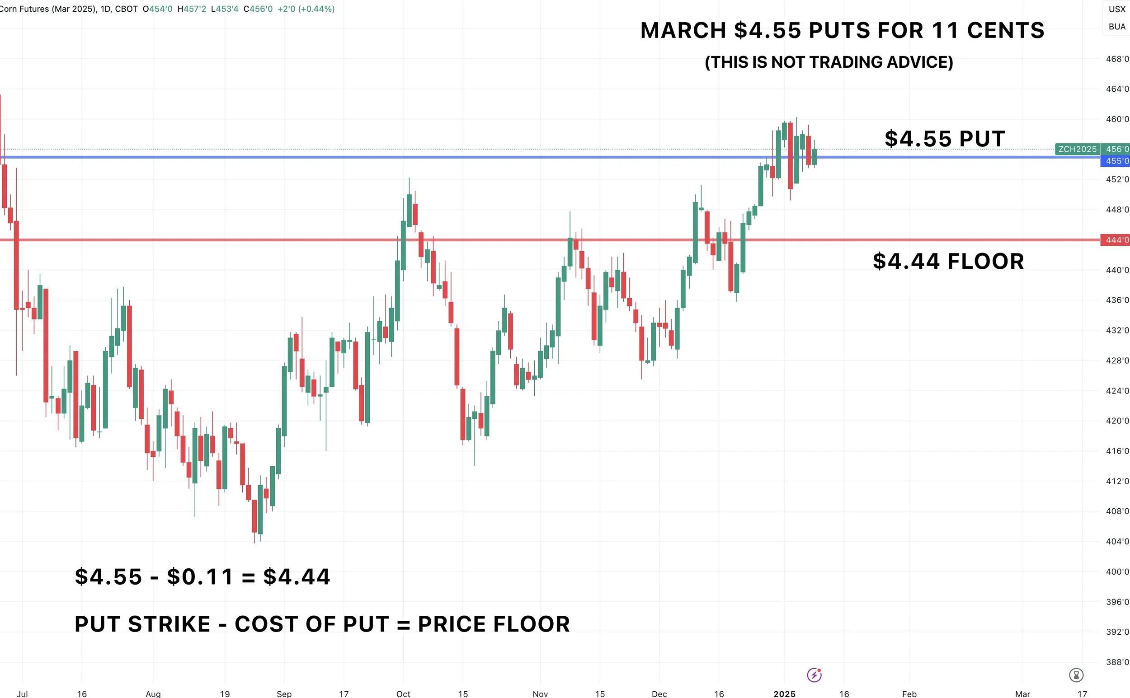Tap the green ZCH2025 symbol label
[x=1078, y=149]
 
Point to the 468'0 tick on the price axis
[x=1117, y=59]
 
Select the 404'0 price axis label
[x=1117, y=541]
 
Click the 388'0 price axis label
[x=1117, y=661]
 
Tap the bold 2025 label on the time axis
[x=785, y=693]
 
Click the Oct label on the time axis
[x=403, y=693]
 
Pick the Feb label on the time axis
[x=909, y=693]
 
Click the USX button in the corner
[x=1117, y=9]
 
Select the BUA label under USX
[x=1117, y=27]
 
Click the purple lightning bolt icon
[x=814, y=675]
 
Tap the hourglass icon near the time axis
[x=1076, y=675]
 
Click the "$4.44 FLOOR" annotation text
[x=948, y=261]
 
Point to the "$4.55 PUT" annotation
[x=945, y=139]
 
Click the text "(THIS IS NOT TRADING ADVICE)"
[x=829, y=62]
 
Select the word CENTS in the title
[x=1005, y=30]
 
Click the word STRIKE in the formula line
[x=169, y=624]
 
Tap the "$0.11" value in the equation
[x=200, y=576]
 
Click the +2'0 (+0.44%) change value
[x=306, y=9]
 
